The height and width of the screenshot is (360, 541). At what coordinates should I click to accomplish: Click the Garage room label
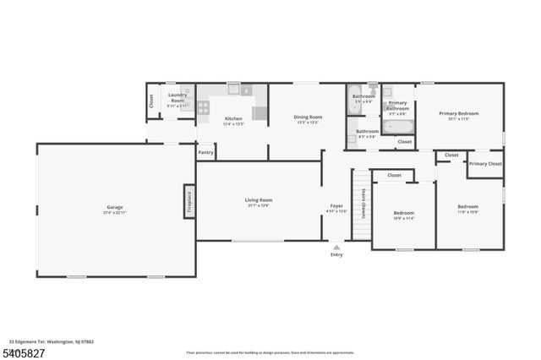(115, 206)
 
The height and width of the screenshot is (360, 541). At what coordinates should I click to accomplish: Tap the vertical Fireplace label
(189, 201)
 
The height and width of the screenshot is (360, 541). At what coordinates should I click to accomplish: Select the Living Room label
(259, 200)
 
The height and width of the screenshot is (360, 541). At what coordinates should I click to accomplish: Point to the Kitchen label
(232, 118)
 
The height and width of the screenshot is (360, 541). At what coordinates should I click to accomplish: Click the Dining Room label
(308, 117)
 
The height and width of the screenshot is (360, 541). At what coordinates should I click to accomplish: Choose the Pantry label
(205, 153)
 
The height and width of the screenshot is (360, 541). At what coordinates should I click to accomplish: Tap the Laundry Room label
(177, 96)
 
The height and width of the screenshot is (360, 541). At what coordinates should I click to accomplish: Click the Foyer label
(336, 205)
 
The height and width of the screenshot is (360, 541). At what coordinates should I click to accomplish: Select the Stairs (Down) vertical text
(363, 204)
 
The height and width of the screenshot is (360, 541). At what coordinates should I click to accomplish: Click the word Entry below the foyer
(336, 254)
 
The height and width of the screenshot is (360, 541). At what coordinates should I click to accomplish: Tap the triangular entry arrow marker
(336, 247)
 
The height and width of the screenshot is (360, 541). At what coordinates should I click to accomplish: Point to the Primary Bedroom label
(459, 113)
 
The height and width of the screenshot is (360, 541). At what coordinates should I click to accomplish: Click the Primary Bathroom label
(397, 106)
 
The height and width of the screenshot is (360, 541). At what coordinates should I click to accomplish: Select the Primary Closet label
(484, 164)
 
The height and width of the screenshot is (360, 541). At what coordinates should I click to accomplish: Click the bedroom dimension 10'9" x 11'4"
(404, 218)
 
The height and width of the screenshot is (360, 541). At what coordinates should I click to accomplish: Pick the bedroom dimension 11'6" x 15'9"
(467, 212)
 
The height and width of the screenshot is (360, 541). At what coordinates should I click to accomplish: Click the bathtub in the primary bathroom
(397, 128)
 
